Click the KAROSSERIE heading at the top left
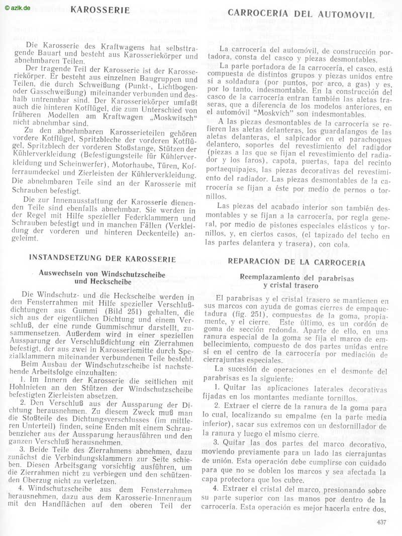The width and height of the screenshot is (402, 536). pyautogui.click(x=100, y=10)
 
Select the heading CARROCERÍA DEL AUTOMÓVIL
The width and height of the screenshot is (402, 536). pyautogui.click(x=301, y=14)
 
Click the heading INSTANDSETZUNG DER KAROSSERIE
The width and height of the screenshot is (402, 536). pyautogui.click(x=103, y=259)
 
